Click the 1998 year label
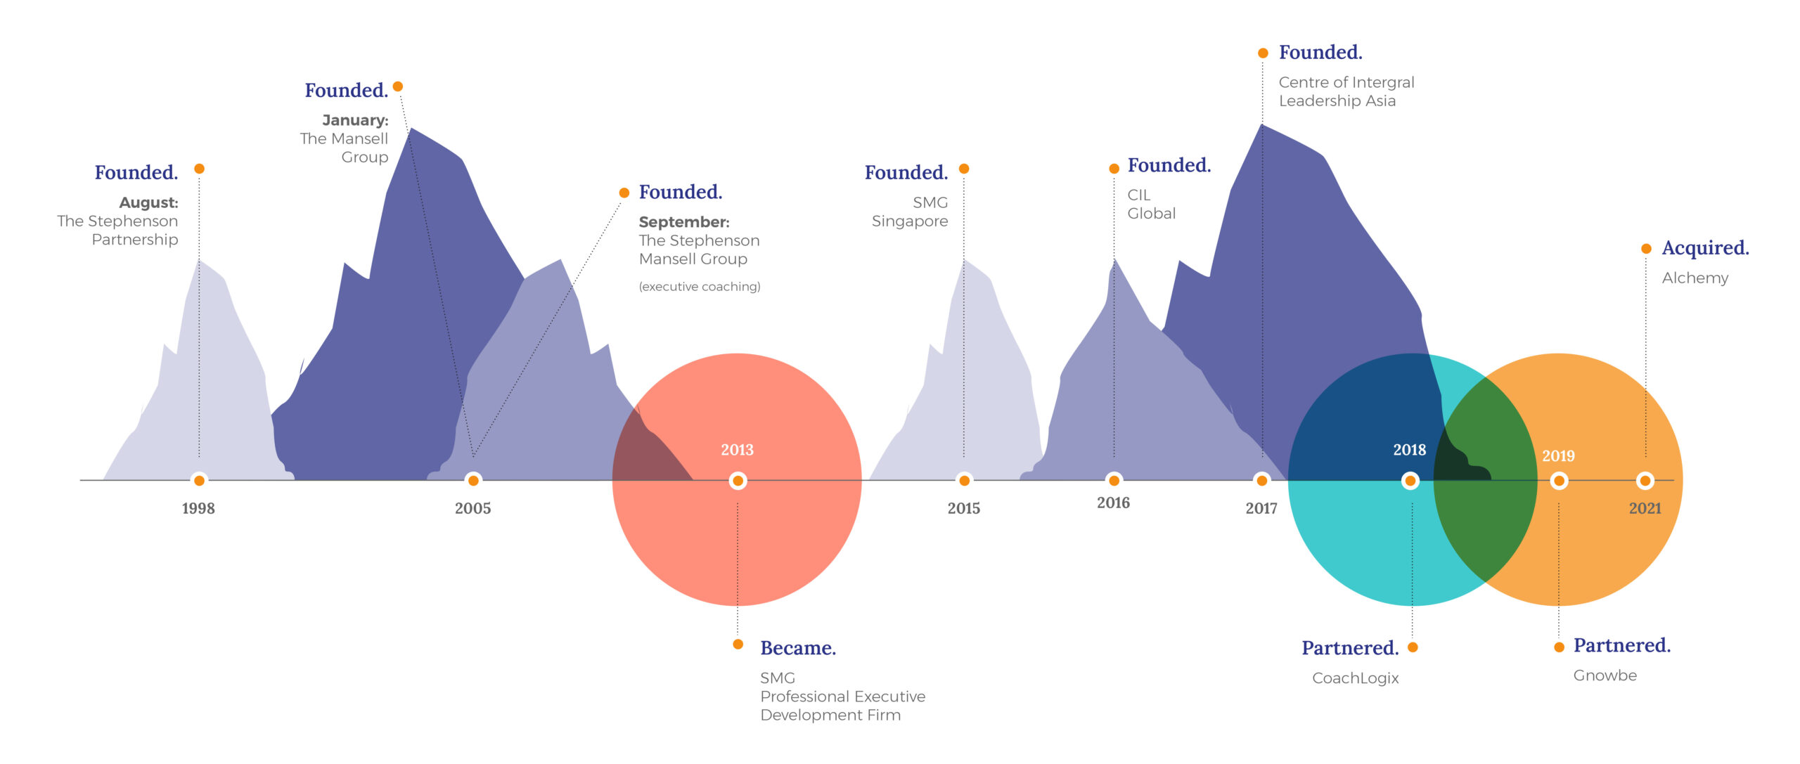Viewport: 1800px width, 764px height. pyautogui.click(x=198, y=508)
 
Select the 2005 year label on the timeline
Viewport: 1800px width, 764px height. pyautogui.click(x=472, y=508)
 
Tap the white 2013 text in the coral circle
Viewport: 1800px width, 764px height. pyautogui.click(x=737, y=450)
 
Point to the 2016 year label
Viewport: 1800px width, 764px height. pyautogui.click(x=1113, y=503)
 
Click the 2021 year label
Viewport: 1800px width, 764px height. pyautogui.click(x=1645, y=508)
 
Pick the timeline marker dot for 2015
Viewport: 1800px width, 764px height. pyautogui.click(x=964, y=481)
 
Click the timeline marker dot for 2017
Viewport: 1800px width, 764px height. pyautogui.click(x=1262, y=481)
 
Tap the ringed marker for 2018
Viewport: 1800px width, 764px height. pyautogui.click(x=1410, y=481)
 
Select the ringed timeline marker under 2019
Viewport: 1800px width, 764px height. pyautogui.click(x=1559, y=481)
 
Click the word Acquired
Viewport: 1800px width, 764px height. pyautogui.click(x=1704, y=248)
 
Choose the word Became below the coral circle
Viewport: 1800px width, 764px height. pyautogui.click(x=797, y=648)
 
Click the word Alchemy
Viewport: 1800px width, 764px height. pyautogui.click(x=1695, y=278)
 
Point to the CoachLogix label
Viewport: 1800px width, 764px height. pyautogui.click(x=1355, y=678)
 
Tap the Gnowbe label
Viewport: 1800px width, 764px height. pyautogui.click(x=1605, y=675)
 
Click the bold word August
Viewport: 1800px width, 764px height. pyautogui.click(x=148, y=202)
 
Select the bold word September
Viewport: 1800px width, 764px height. pyautogui.click(x=683, y=222)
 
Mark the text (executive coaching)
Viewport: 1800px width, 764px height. pyautogui.click(x=699, y=287)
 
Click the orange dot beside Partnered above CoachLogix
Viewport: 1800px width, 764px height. pyautogui.click(x=1413, y=647)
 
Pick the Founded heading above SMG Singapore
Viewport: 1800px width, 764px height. pyautogui.click(x=906, y=173)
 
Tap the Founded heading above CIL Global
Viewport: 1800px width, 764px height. pyautogui.click(x=1169, y=166)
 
